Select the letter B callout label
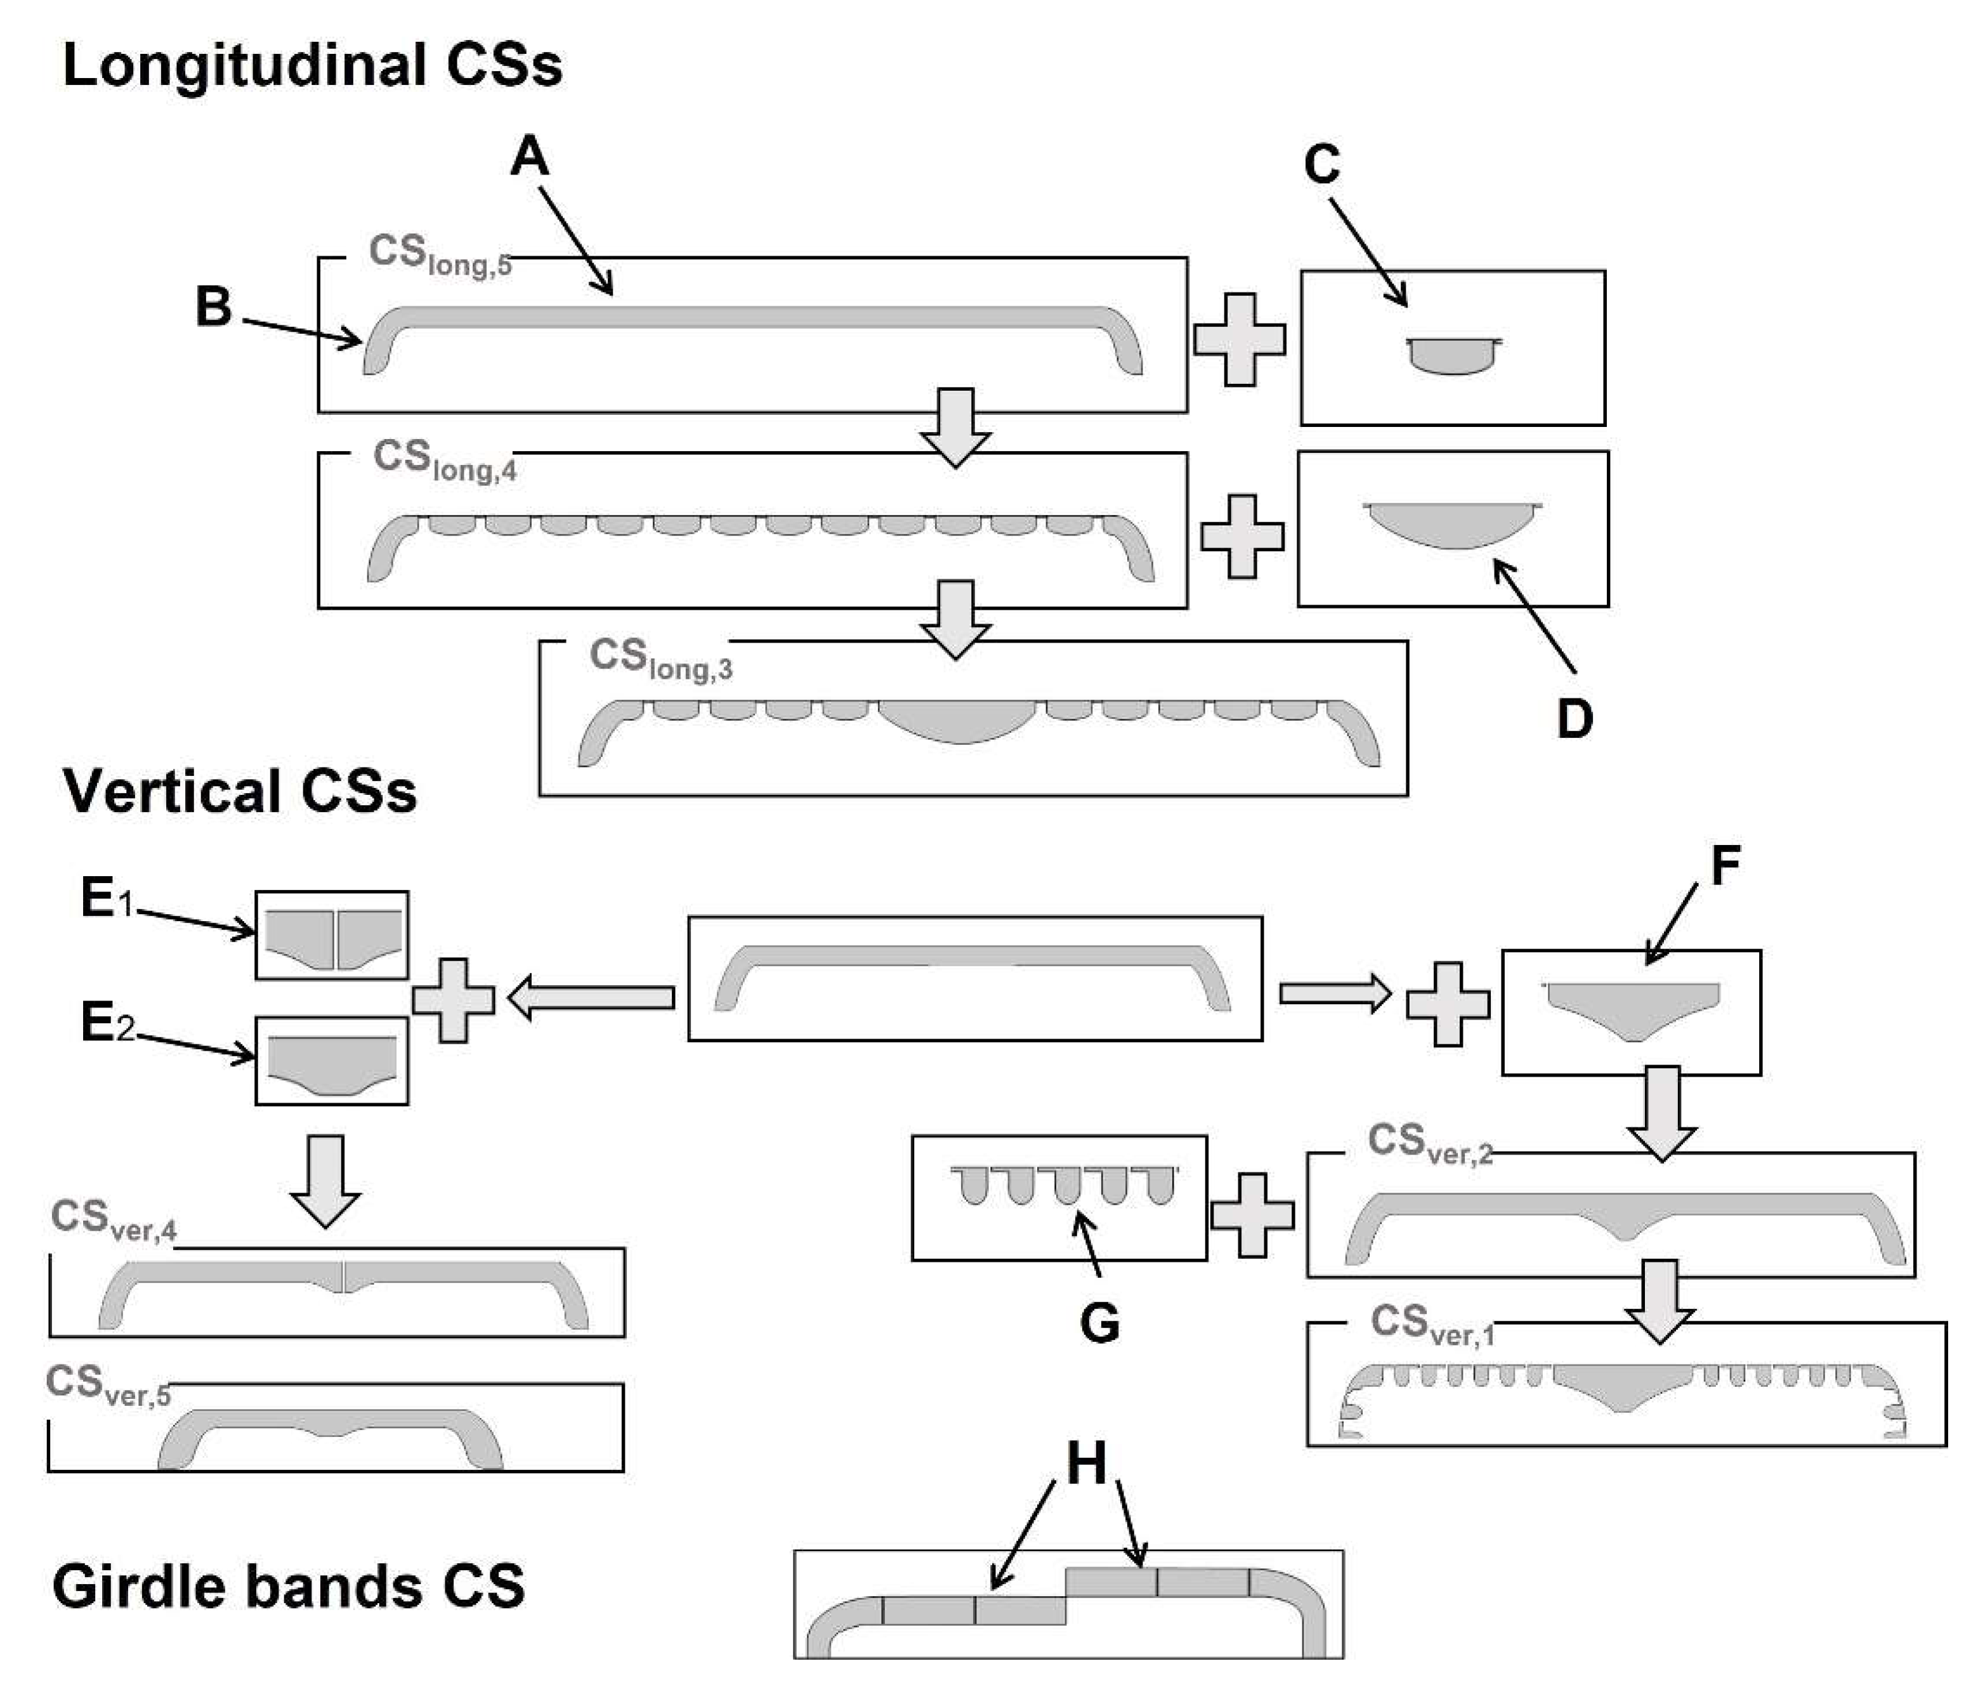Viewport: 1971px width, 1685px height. (213, 307)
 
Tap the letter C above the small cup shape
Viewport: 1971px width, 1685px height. (1321, 164)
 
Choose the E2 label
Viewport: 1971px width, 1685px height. (107, 1024)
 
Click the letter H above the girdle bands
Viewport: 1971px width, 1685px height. (1086, 1462)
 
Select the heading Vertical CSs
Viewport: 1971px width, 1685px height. (240, 792)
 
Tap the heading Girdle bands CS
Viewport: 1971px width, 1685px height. (288, 1586)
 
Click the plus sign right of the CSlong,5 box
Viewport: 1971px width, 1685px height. (1240, 339)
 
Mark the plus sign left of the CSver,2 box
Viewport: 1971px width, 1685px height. (1252, 1215)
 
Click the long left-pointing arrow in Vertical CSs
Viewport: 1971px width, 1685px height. (592, 998)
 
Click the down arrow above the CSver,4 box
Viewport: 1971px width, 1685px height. (325, 1181)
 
